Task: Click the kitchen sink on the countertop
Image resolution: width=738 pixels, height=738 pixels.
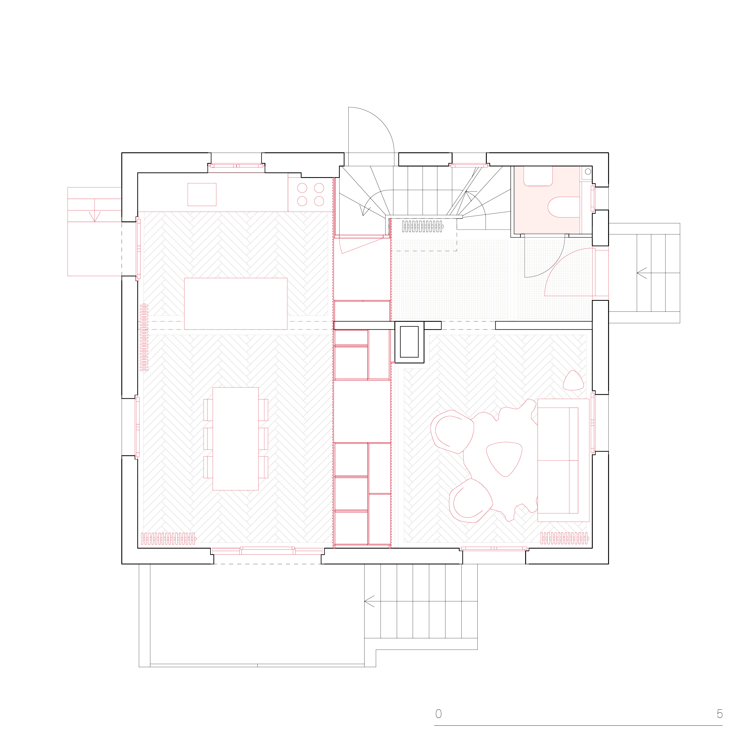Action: pyautogui.click(x=202, y=195)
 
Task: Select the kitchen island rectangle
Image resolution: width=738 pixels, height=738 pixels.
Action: pyautogui.click(x=236, y=304)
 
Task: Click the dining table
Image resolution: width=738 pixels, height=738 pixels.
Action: pyautogui.click(x=235, y=439)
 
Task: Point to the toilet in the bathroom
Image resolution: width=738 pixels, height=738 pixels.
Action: pyautogui.click(x=564, y=207)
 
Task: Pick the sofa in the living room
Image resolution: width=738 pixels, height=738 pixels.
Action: pyautogui.click(x=563, y=460)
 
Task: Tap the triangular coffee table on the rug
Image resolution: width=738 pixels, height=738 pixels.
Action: pyautogui.click(x=504, y=459)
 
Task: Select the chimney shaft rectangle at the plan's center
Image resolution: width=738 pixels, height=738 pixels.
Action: pyautogui.click(x=409, y=342)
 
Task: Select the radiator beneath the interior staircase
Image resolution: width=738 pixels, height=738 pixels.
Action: pyautogui.click(x=422, y=226)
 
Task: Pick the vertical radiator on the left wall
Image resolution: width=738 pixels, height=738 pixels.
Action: pyautogui.click(x=144, y=337)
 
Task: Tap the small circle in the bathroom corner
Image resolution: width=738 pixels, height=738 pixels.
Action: pyautogui.click(x=588, y=172)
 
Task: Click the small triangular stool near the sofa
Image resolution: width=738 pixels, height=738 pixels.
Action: pyautogui.click(x=573, y=381)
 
